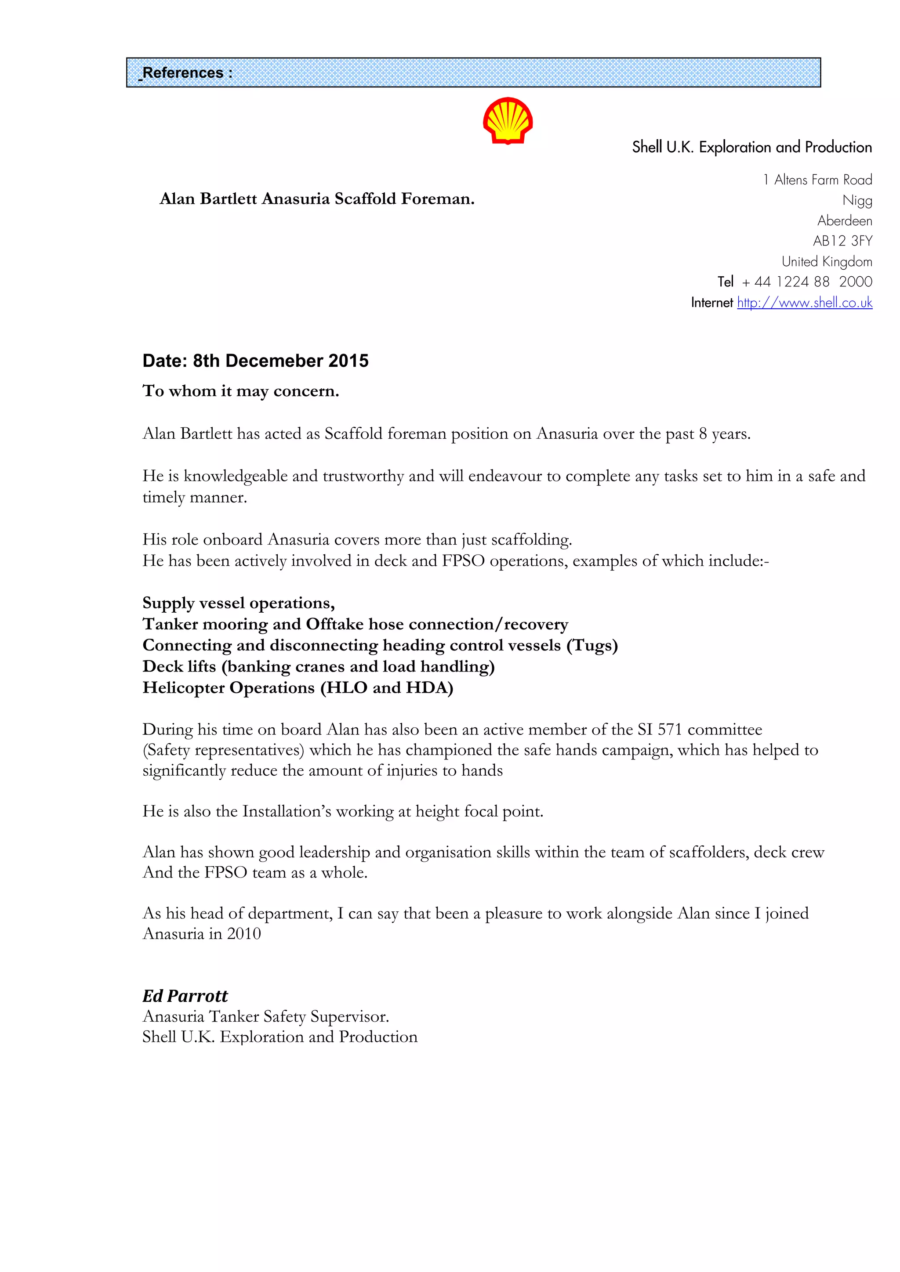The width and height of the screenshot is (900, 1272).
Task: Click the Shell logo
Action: point(508,121)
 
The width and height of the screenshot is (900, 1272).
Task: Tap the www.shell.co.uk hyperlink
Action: point(805,303)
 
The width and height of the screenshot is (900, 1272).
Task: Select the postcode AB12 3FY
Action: point(842,241)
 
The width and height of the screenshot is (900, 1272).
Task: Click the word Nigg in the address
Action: point(857,200)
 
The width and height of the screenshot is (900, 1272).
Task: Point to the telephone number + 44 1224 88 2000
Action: point(806,282)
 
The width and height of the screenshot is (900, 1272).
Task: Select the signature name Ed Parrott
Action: point(185,996)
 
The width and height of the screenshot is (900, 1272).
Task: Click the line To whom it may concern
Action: point(240,391)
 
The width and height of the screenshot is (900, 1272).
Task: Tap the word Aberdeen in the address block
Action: point(845,220)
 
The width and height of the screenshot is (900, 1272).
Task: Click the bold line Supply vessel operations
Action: point(238,603)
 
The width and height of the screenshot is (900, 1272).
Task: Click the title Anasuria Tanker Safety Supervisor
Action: point(265,1017)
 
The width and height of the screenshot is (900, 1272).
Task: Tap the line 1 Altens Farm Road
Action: point(817,180)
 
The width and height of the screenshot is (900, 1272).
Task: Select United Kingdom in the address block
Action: point(827,261)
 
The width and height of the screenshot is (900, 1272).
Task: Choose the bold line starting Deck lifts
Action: point(318,666)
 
